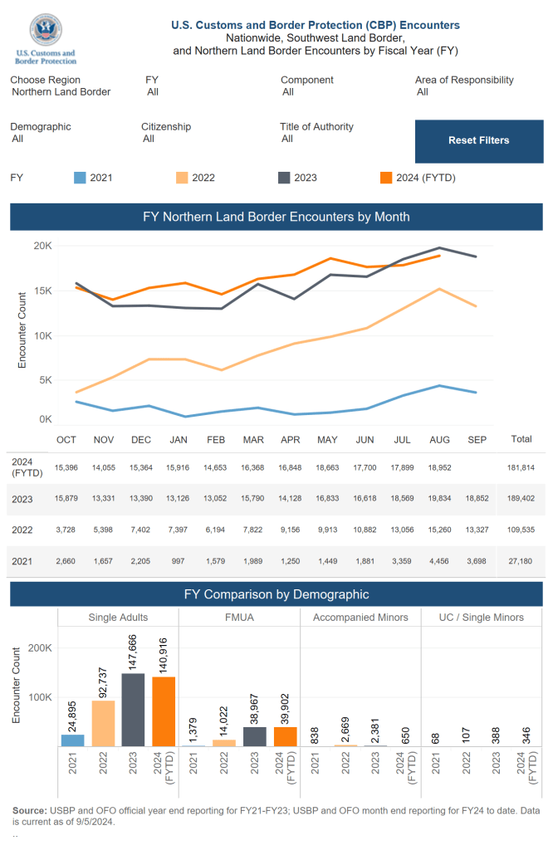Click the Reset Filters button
coord(478,140)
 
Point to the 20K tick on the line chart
coord(42,246)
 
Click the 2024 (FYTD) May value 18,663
coord(327,468)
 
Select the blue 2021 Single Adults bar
coord(72,740)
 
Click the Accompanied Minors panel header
coord(360,618)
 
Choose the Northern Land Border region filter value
coord(61,92)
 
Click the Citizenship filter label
coord(166,127)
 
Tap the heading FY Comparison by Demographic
coord(276,594)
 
